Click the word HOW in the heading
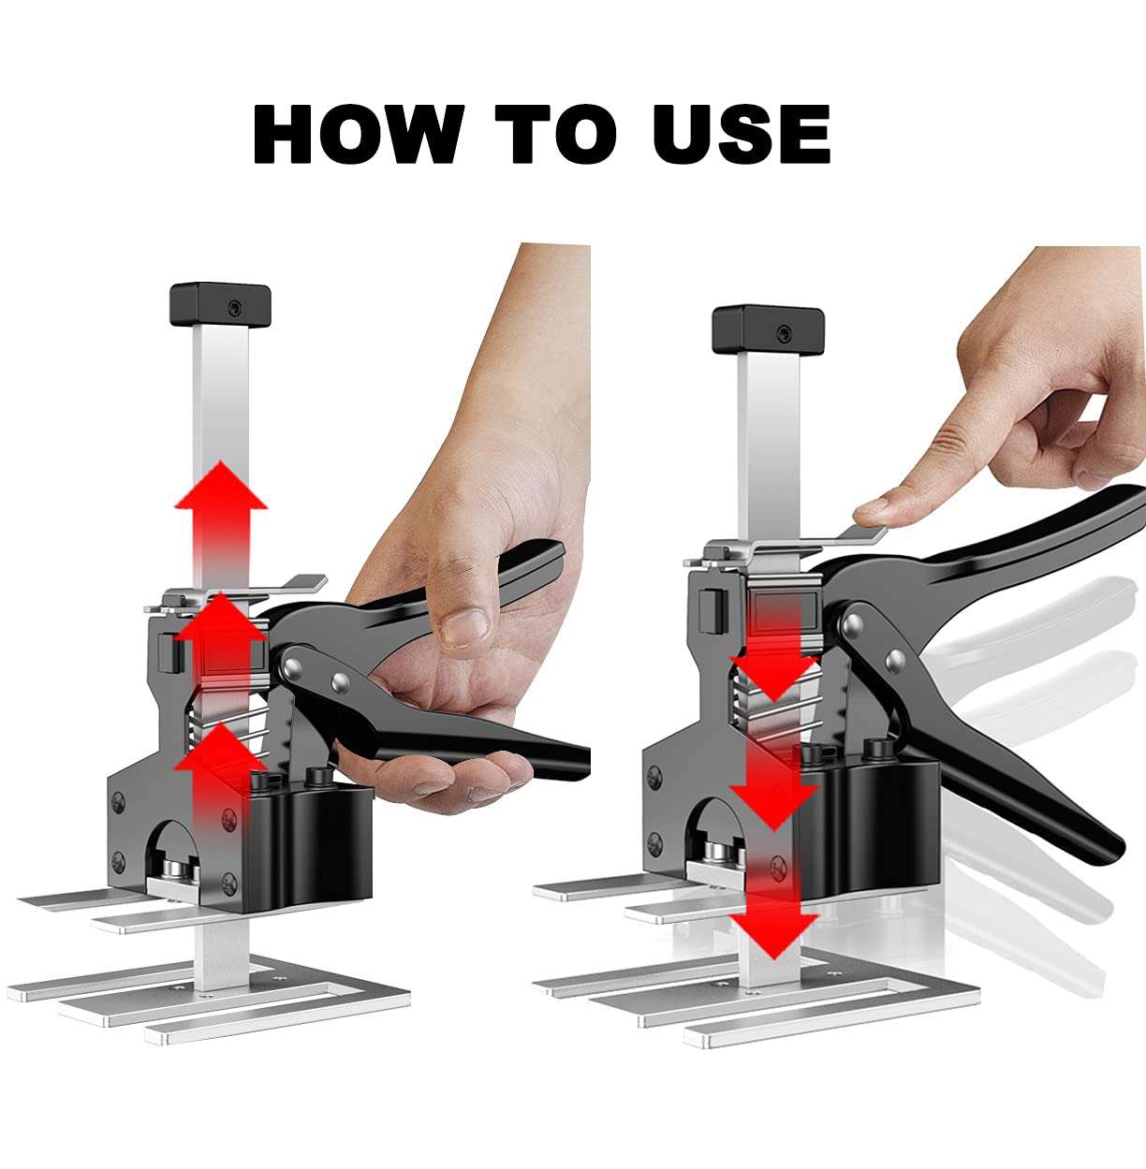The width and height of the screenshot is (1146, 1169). (x=359, y=134)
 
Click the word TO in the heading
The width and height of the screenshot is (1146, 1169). (x=556, y=134)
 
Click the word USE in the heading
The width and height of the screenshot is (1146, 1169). (x=741, y=134)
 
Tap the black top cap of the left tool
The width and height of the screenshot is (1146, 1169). (x=220, y=305)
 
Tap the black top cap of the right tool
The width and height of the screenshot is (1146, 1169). (x=768, y=330)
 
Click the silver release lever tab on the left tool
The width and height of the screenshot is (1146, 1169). (x=301, y=584)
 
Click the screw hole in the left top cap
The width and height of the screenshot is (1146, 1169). (x=235, y=309)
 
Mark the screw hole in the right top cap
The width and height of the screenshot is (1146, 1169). (x=785, y=333)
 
